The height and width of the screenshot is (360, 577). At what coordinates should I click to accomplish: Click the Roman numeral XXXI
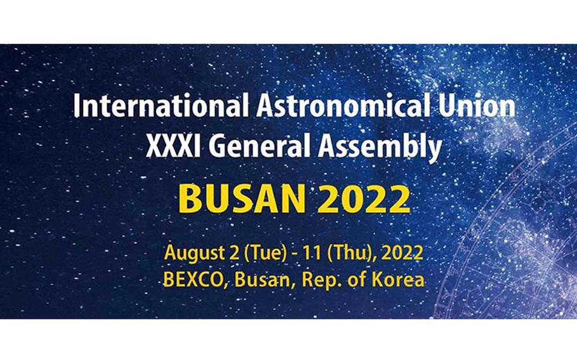click(x=173, y=146)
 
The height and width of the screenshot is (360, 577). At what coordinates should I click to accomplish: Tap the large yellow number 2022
click(x=364, y=198)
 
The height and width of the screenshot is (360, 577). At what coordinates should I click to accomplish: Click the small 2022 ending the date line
click(x=402, y=253)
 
